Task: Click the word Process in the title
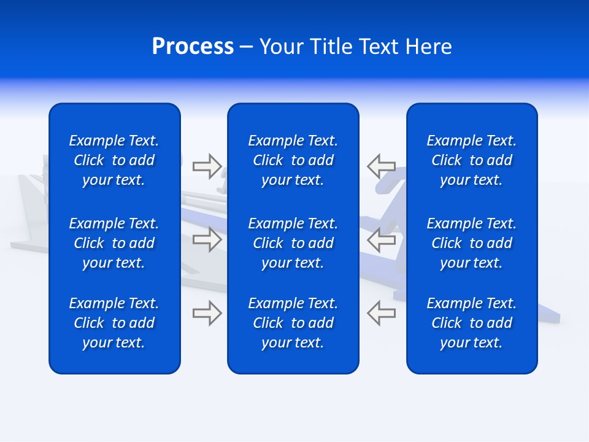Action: point(193,47)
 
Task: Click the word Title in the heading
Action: point(331,47)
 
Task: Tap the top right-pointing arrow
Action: point(207,166)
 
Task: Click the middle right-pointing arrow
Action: point(207,239)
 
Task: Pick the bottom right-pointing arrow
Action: point(207,312)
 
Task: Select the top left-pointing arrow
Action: point(382,166)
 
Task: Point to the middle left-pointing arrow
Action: point(382,239)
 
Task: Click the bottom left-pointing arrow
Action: point(382,312)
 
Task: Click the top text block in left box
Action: point(114,160)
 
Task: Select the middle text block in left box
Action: point(114,243)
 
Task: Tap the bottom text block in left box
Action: point(114,323)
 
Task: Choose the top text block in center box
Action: point(293,160)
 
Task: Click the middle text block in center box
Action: point(293,243)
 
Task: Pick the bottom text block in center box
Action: point(293,323)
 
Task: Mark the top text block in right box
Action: point(472,160)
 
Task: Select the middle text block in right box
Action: point(472,243)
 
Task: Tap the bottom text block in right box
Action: point(472,323)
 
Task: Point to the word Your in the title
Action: point(281,47)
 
